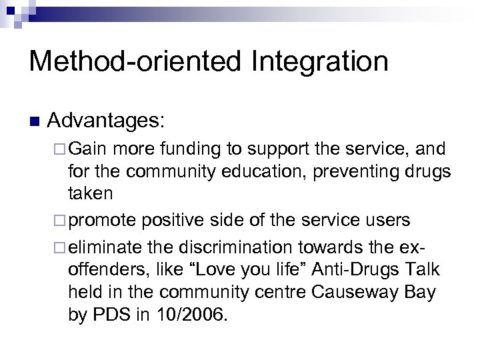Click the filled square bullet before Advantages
(x=35, y=122)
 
